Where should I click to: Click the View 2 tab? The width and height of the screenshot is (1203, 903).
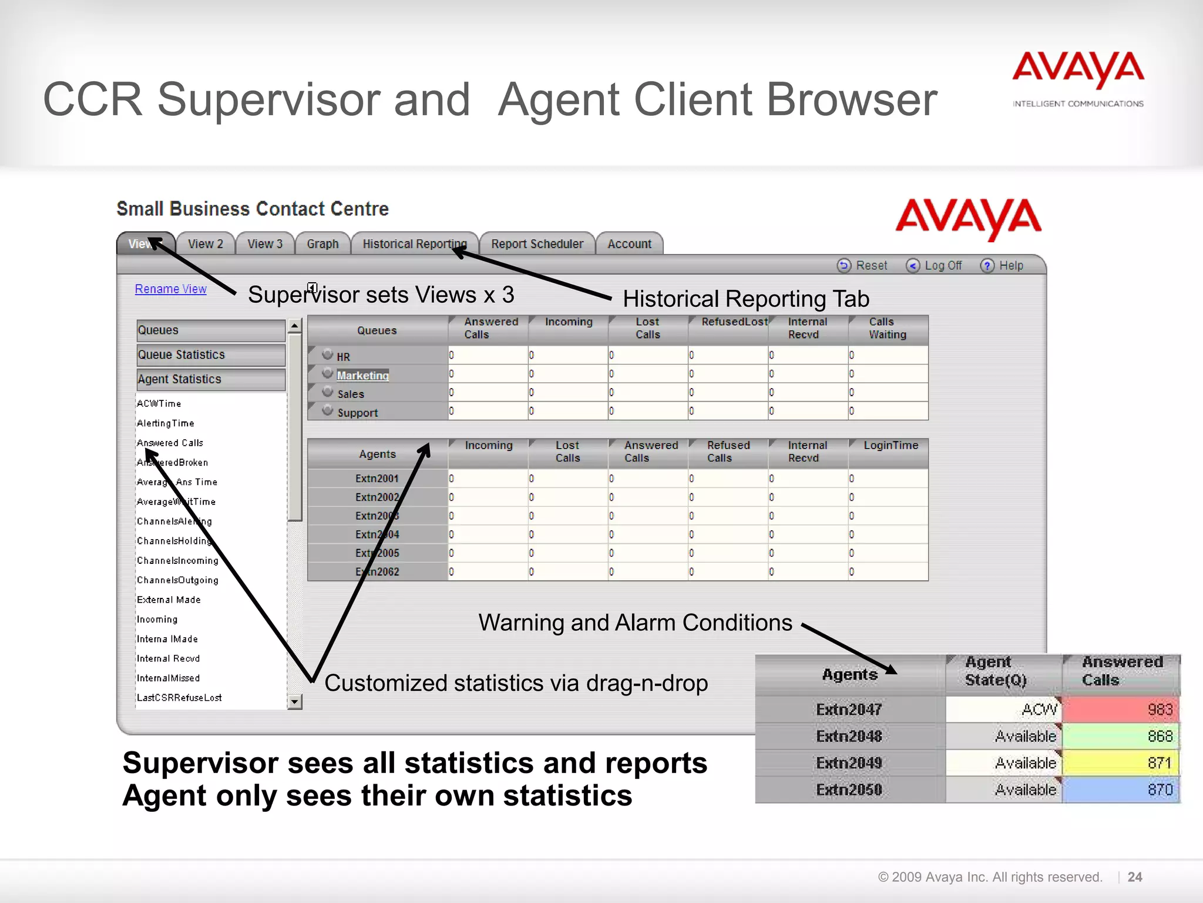point(205,244)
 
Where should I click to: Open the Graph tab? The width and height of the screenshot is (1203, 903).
point(322,244)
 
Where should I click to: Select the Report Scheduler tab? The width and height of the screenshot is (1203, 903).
point(537,244)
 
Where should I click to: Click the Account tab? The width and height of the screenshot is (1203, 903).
point(629,244)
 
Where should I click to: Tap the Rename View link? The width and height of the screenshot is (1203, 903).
point(170,289)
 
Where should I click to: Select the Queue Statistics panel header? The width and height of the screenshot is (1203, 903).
point(210,355)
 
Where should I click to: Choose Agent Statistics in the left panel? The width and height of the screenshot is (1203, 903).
point(210,380)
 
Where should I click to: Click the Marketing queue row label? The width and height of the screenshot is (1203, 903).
point(362,376)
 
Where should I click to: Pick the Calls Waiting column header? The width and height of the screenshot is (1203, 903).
point(888,329)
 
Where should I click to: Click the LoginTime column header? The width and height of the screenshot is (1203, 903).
point(890,446)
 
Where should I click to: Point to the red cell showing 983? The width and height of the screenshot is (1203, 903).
point(1121,710)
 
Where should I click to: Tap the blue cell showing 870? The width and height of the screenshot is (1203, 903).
point(1121,790)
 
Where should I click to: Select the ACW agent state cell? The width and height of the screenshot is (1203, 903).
point(1003,710)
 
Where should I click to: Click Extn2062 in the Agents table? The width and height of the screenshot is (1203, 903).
point(377,572)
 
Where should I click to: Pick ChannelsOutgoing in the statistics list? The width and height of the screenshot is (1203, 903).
point(177,580)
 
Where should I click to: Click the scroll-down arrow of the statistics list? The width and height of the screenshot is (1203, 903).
point(295,701)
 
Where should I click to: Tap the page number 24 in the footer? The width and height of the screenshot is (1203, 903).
point(1135,877)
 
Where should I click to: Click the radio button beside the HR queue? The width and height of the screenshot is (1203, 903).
point(328,354)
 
